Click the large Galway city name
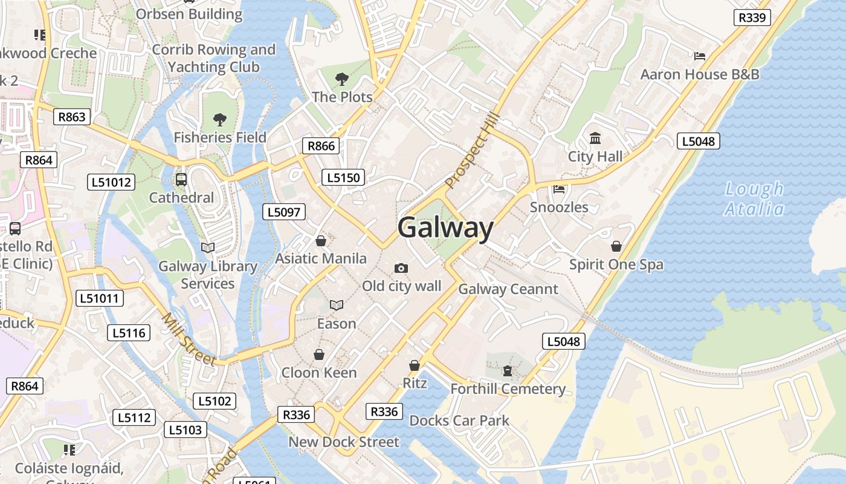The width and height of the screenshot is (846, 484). point(445,229)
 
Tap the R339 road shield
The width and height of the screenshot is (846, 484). point(752,18)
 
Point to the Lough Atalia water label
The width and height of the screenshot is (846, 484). point(754,199)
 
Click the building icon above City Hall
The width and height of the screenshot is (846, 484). point(595,139)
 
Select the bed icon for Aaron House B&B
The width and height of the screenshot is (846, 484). point(700,56)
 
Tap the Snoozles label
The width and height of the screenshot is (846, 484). point(559,207)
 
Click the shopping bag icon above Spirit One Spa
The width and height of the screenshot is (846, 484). point(616,246)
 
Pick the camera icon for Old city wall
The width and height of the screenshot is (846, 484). point(401,268)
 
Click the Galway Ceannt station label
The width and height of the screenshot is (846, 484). point(508,289)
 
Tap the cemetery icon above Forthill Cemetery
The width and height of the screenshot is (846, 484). point(508,370)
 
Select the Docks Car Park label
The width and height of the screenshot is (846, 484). point(459,420)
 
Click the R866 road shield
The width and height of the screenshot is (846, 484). point(321,146)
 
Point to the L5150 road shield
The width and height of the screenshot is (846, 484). point(344,177)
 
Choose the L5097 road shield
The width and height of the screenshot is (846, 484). point(284,212)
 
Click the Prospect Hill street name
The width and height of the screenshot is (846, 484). point(473,150)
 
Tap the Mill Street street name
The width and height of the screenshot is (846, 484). point(189,339)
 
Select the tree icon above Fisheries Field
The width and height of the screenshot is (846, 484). point(220,119)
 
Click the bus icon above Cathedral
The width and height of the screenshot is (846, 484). point(181,180)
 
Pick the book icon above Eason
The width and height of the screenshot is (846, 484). point(336,306)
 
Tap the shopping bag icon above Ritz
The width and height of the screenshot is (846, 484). point(415,365)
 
